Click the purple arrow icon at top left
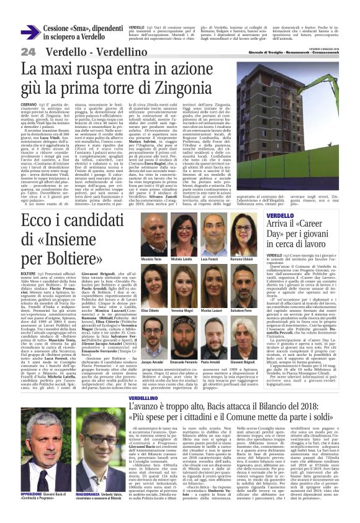click(30, 32)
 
